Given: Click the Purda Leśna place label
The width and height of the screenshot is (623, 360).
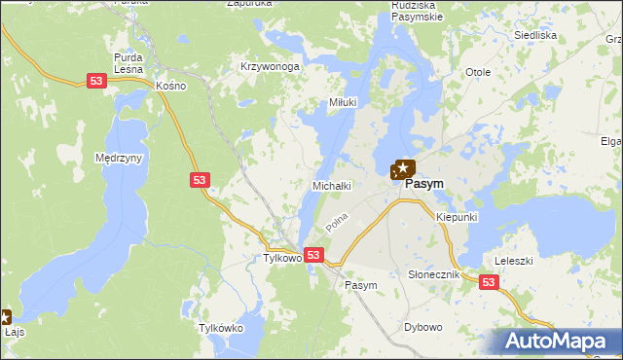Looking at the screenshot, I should (x=128, y=62).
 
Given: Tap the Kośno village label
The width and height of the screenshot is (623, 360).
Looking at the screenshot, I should (x=170, y=86).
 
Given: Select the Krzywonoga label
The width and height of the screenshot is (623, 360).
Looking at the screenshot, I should (x=270, y=67).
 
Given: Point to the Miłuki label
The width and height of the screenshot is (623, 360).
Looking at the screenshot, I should (x=342, y=102).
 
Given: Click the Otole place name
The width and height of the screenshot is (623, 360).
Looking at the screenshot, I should (x=477, y=73).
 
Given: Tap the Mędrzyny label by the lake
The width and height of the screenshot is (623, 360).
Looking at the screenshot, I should (x=120, y=157).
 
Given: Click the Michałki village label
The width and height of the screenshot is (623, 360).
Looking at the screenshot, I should (x=330, y=184).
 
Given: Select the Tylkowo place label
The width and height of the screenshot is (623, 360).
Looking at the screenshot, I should (x=283, y=259).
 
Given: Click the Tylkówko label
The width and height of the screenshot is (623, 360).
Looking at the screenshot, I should (x=220, y=329).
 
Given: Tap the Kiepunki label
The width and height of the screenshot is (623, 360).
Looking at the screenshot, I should (x=457, y=217).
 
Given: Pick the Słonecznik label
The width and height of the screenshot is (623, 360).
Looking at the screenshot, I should (x=432, y=275).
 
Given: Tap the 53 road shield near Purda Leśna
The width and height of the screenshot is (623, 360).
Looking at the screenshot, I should (x=95, y=83).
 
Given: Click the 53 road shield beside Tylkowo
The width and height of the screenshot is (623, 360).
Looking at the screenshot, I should (x=312, y=255).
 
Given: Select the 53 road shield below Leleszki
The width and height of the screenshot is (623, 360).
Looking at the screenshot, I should (x=489, y=282).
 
